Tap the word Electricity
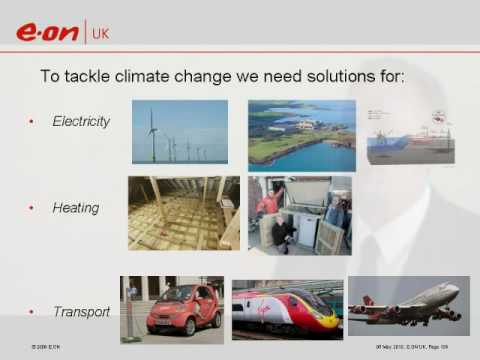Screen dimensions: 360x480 click(81, 122)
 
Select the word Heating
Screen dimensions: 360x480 click(76, 208)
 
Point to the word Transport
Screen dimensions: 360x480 click(81, 312)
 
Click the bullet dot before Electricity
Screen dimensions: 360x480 click(30, 122)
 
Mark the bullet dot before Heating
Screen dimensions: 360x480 click(30, 208)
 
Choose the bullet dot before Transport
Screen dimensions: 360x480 click(30, 312)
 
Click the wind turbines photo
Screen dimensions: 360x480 click(179, 131)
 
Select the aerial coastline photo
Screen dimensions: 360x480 click(301, 135)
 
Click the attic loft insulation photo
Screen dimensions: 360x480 click(183, 213)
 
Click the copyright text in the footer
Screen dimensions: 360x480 click(47, 345)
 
